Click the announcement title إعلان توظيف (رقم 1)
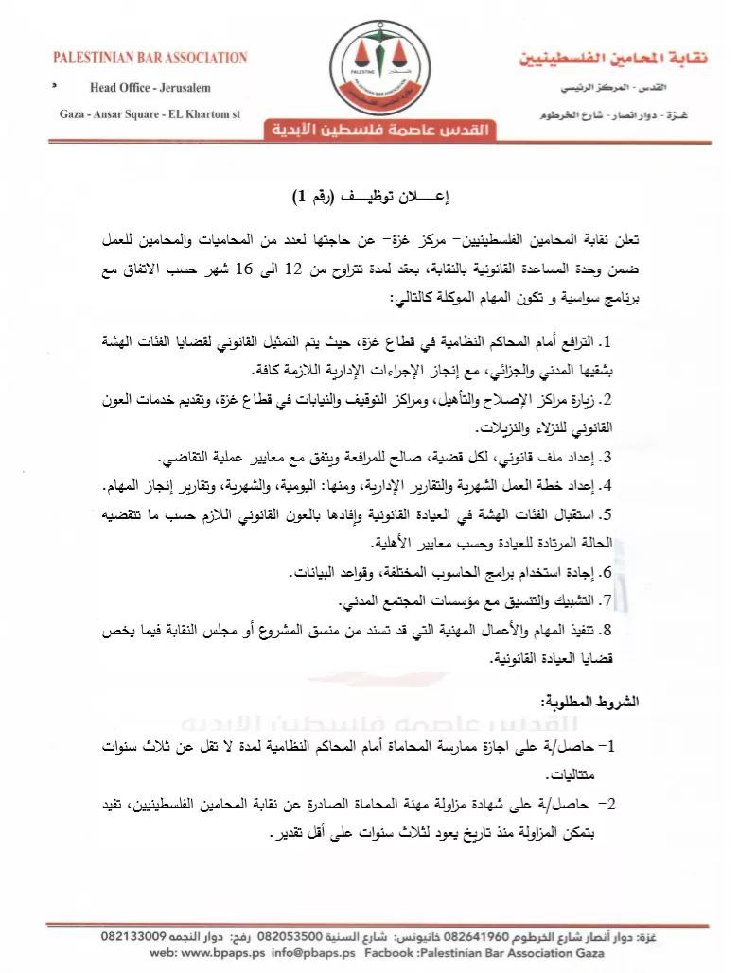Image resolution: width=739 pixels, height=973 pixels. click(x=370, y=198)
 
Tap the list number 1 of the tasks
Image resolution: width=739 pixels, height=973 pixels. click(x=608, y=340)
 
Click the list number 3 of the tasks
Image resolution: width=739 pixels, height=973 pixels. click(x=608, y=458)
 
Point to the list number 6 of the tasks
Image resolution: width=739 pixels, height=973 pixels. click(x=608, y=573)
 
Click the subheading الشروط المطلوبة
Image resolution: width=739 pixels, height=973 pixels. click(x=590, y=702)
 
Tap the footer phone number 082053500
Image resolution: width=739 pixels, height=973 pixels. click(x=299, y=935)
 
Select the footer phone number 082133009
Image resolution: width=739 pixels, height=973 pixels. click(x=134, y=935)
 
